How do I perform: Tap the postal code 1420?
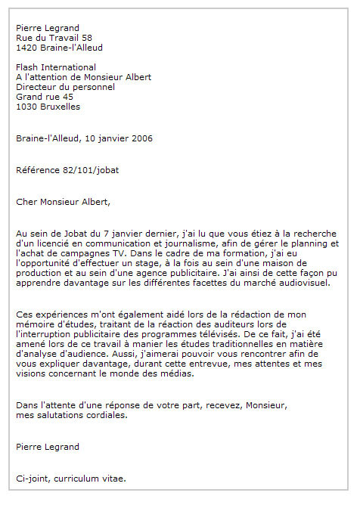tap(27, 47)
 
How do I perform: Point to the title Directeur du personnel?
tap(66, 87)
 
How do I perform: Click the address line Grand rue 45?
tap(45, 97)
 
